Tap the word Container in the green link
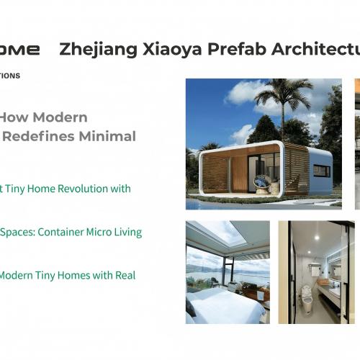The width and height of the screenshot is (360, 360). pos(59,232)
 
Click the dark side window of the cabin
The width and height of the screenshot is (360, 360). pos(322,171)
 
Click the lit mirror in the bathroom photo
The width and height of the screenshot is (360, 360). pos(335,270)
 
